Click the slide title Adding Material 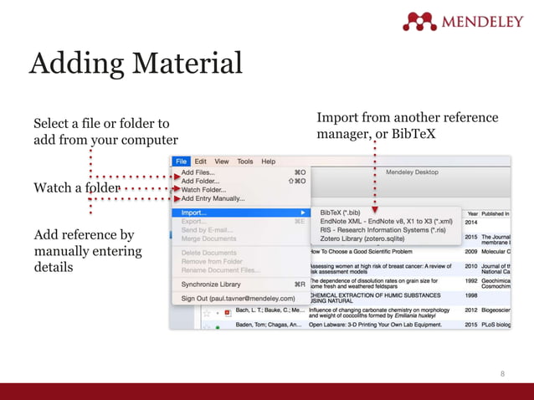coord(136,64)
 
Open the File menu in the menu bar coord(182,162)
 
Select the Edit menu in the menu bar coord(201,162)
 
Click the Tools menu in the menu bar coord(244,162)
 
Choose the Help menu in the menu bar coord(268,162)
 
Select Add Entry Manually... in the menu coord(213,199)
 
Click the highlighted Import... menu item coord(194,213)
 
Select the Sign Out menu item coord(239,298)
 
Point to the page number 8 coord(502,373)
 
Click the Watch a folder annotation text coord(76,187)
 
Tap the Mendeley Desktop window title coord(412,172)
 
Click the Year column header coord(472,213)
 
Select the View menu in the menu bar coord(222,162)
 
